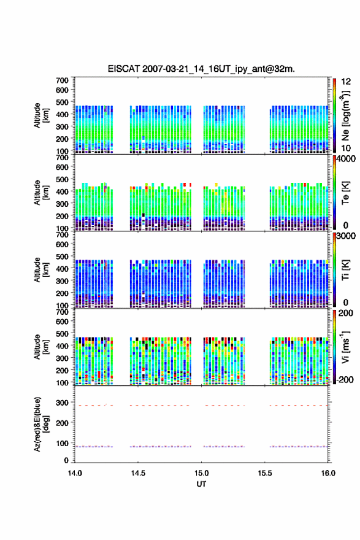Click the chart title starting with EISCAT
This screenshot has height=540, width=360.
201,69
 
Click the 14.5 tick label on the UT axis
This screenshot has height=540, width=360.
138,473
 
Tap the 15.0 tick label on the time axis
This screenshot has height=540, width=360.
201,473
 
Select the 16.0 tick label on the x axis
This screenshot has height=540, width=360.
328,473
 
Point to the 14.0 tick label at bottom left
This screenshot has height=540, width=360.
75,473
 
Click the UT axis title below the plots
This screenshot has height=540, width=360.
201,484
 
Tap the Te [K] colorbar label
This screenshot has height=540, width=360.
345,193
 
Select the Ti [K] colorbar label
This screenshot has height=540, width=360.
345,270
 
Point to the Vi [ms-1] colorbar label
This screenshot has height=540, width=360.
345,347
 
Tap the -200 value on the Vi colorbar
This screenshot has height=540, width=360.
343,379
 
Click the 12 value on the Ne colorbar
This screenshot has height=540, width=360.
346,82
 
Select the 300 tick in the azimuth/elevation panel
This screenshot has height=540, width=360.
63,403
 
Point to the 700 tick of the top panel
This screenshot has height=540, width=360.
63,80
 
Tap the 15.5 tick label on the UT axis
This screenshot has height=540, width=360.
265,473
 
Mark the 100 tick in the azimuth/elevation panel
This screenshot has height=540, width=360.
63,443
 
